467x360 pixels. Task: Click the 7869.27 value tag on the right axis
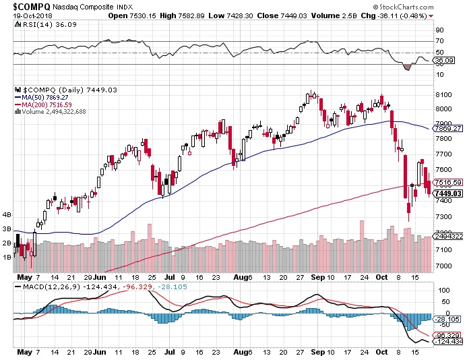449,128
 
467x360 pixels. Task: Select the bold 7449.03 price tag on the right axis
449,193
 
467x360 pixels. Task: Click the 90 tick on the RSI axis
439,30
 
